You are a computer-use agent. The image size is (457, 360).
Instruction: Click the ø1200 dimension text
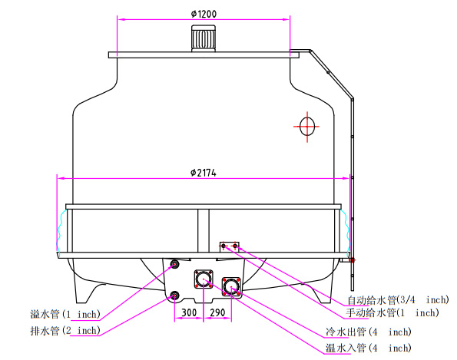click(x=204, y=14)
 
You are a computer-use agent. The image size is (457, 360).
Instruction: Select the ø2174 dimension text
click(x=204, y=173)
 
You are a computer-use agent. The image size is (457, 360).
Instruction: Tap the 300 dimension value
click(x=189, y=312)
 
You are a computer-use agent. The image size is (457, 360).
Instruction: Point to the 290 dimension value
click(x=217, y=312)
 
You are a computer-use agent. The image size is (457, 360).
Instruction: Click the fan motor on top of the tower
click(x=204, y=38)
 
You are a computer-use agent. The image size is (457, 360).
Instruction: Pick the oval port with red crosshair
click(x=307, y=127)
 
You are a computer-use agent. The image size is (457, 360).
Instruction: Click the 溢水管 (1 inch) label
click(x=65, y=314)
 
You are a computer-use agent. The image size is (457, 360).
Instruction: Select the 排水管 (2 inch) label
click(x=65, y=331)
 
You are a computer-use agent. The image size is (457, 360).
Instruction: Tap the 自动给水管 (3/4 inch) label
click(x=398, y=299)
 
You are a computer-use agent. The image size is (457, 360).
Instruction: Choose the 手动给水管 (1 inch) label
click(x=392, y=313)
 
